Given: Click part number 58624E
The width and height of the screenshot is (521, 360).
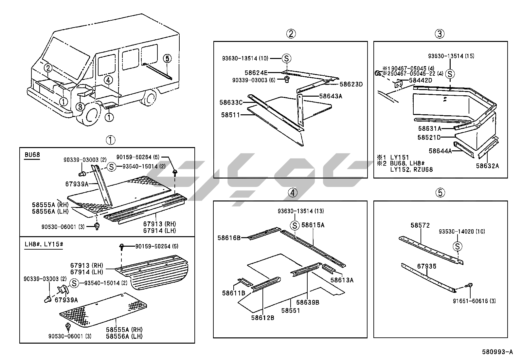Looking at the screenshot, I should (256, 72).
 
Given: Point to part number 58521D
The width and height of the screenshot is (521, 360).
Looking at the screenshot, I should (429, 138).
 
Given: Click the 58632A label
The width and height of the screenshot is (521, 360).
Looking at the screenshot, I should (487, 166).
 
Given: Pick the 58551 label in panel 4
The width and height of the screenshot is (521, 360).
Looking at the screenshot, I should (290, 310).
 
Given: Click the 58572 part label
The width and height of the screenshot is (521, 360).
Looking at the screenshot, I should (420, 225).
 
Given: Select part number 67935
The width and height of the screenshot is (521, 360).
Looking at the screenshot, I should (426, 266).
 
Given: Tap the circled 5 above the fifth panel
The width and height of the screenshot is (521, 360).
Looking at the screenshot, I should (440, 193).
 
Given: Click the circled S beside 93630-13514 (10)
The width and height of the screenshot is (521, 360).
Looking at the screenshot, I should (286, 59).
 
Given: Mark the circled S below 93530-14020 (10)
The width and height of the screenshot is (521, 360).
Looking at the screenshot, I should (458, 246).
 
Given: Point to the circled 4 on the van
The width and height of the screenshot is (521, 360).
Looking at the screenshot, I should (109, 80).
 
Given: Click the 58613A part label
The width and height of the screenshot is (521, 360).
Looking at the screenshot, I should (342, 280).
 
